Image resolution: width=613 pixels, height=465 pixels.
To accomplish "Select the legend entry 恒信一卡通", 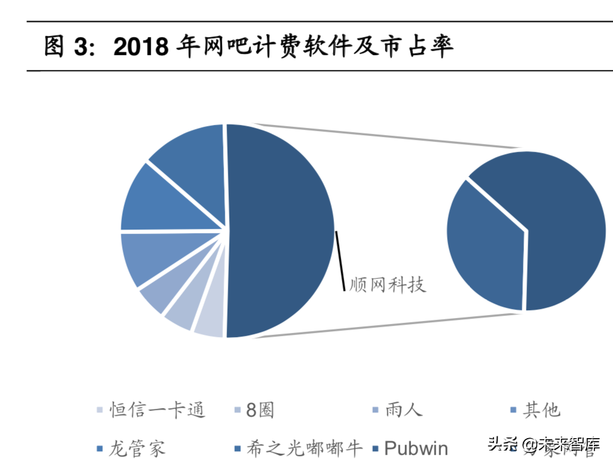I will [157, 410].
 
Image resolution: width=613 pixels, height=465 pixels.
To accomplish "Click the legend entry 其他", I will [542, 410].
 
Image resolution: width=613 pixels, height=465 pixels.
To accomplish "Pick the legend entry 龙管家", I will [137, 448].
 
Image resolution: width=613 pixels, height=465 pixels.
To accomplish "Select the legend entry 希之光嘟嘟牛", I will [304, 448].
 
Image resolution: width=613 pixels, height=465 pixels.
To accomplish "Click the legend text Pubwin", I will [416, 448].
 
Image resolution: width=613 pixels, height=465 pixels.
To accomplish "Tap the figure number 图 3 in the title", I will [65, 47].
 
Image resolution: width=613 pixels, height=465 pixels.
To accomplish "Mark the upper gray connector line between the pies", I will [388, 136].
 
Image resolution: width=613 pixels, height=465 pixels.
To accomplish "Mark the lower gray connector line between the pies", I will [388, 325].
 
